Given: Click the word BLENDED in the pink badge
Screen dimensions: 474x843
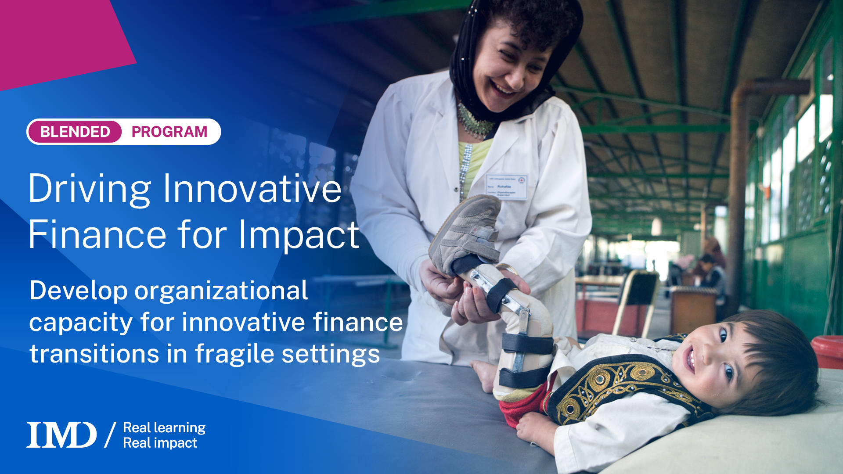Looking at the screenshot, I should tap(75, 132).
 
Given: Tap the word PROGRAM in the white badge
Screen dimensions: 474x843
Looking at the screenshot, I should tap(169, 132).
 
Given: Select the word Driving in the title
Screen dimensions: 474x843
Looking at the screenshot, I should tap(90, 189).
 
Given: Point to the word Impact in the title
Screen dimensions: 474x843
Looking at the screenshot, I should tap(299, 236).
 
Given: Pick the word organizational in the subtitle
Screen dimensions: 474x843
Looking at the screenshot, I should tap(221, 291).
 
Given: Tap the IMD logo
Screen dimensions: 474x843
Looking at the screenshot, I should tap(61, 434).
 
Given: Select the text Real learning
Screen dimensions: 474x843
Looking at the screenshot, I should tap(164, 427).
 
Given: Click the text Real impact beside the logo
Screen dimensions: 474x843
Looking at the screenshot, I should tap(160, 443).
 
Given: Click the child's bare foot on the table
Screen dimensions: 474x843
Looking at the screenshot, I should tap(485, 375).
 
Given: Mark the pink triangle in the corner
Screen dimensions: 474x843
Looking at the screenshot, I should tap(57, 39).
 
